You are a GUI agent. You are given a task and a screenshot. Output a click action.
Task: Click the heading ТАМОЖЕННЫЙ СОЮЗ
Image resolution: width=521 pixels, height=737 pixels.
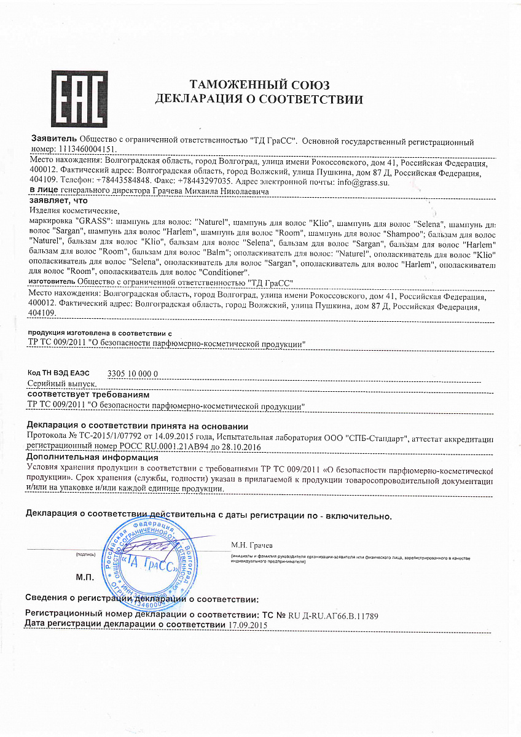(x=259, y=85)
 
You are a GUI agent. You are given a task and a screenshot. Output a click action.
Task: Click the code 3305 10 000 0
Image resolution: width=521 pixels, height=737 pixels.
(x=133, y=373)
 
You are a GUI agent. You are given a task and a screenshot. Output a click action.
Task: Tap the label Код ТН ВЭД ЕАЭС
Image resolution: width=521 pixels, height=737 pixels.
(x=59, y=373)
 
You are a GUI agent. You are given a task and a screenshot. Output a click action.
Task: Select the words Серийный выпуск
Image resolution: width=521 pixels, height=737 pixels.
(x=61, y=383)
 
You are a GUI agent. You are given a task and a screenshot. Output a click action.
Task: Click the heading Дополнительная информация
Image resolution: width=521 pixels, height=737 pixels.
(x=92, y=457)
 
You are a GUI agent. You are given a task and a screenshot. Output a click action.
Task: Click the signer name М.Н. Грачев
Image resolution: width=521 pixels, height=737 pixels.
(x=252, y=545)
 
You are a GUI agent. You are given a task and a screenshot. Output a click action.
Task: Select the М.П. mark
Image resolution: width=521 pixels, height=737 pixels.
(x=84, y=578)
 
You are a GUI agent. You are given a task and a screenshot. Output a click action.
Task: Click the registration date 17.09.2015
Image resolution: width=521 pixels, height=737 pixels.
(x=248, y=625)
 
